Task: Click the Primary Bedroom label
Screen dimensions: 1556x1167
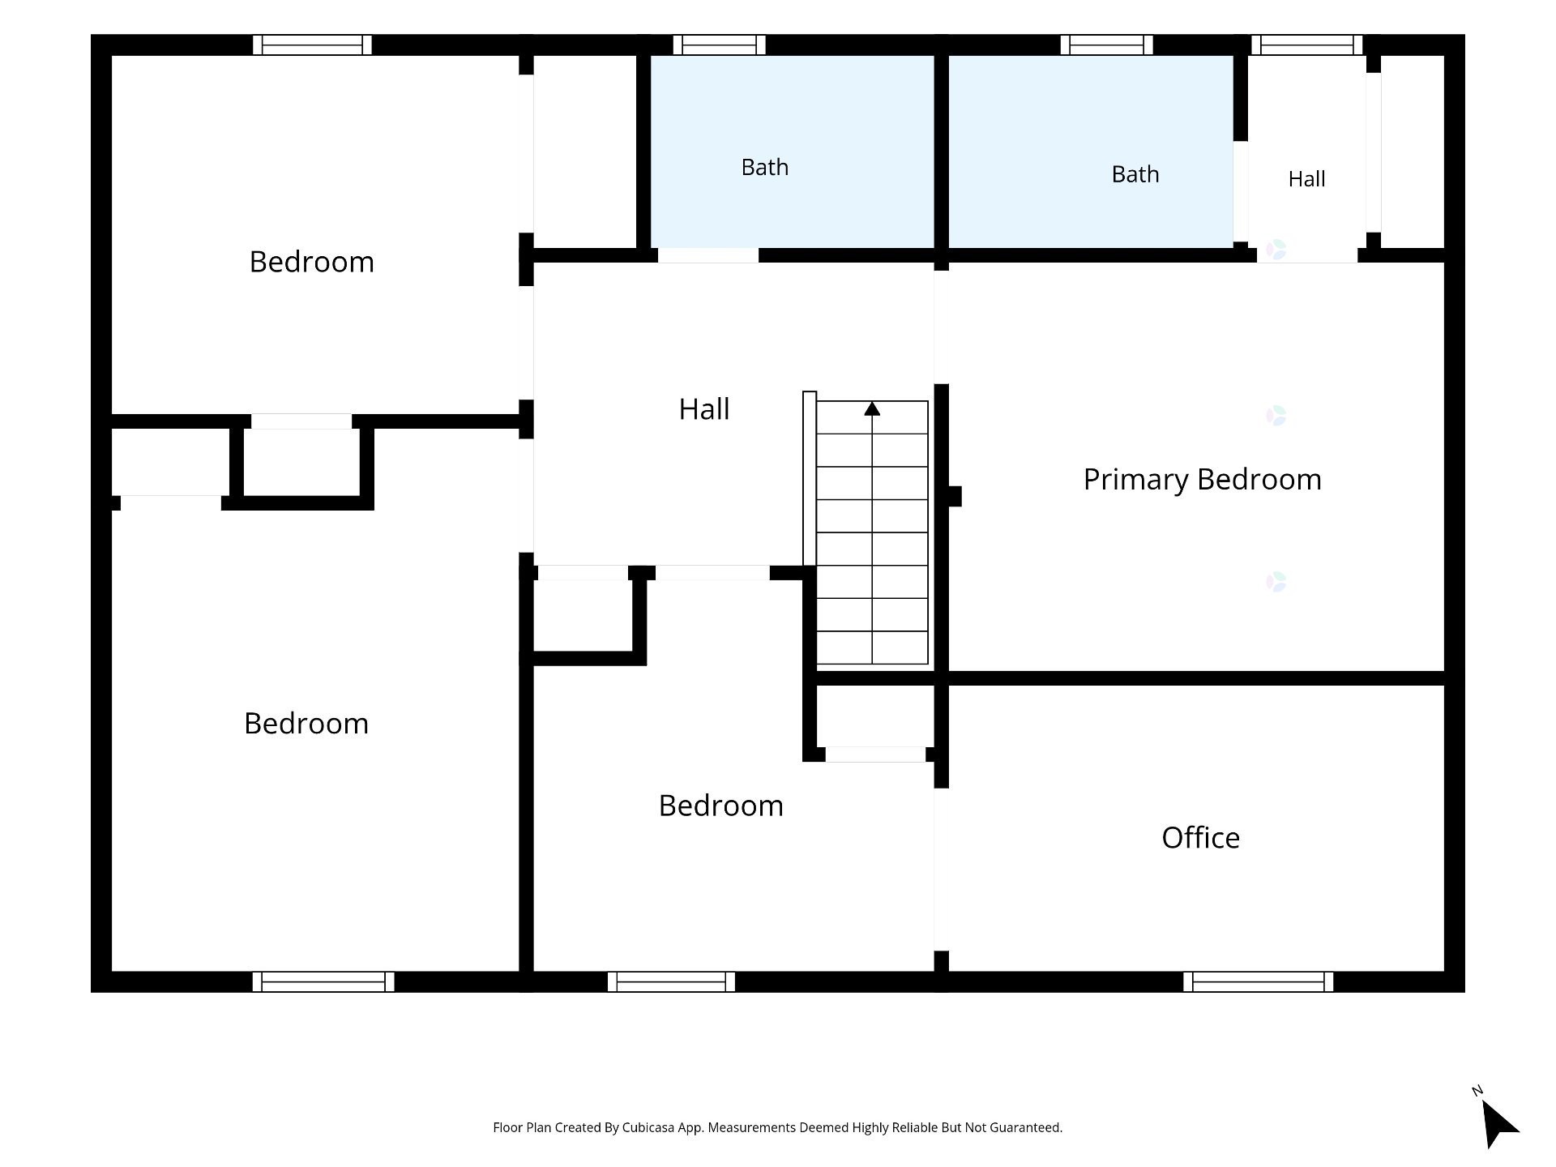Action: [1202, 480]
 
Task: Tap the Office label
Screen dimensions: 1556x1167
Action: [1200, 838]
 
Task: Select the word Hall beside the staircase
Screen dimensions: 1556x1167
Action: [703, 409]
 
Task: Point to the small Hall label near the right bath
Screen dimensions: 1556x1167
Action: [1306, 179]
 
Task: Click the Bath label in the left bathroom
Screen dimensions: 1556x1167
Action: [764, 167]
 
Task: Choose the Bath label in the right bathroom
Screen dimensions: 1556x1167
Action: [1135, 174]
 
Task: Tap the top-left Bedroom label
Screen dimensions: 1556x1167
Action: [311, 262]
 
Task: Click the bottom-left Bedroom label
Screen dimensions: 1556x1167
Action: [306, 724]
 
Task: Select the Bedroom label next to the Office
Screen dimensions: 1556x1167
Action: [720, 806]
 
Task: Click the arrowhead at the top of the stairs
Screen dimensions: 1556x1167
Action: [872, 408]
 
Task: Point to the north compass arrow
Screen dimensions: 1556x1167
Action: [1499, 1123]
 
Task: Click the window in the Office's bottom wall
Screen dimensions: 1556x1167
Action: [1258, 981]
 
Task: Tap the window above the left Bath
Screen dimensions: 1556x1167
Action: [719, 45]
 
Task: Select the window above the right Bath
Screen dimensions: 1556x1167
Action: [1106, 45]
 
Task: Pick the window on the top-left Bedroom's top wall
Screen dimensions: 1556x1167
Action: [312, 45]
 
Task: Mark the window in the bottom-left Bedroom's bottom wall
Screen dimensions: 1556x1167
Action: [323, 981]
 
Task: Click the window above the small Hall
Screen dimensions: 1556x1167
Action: [1306, 45]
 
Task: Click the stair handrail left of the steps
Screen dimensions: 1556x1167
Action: [810, 478]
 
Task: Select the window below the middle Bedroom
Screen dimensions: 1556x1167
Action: [671, 981]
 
